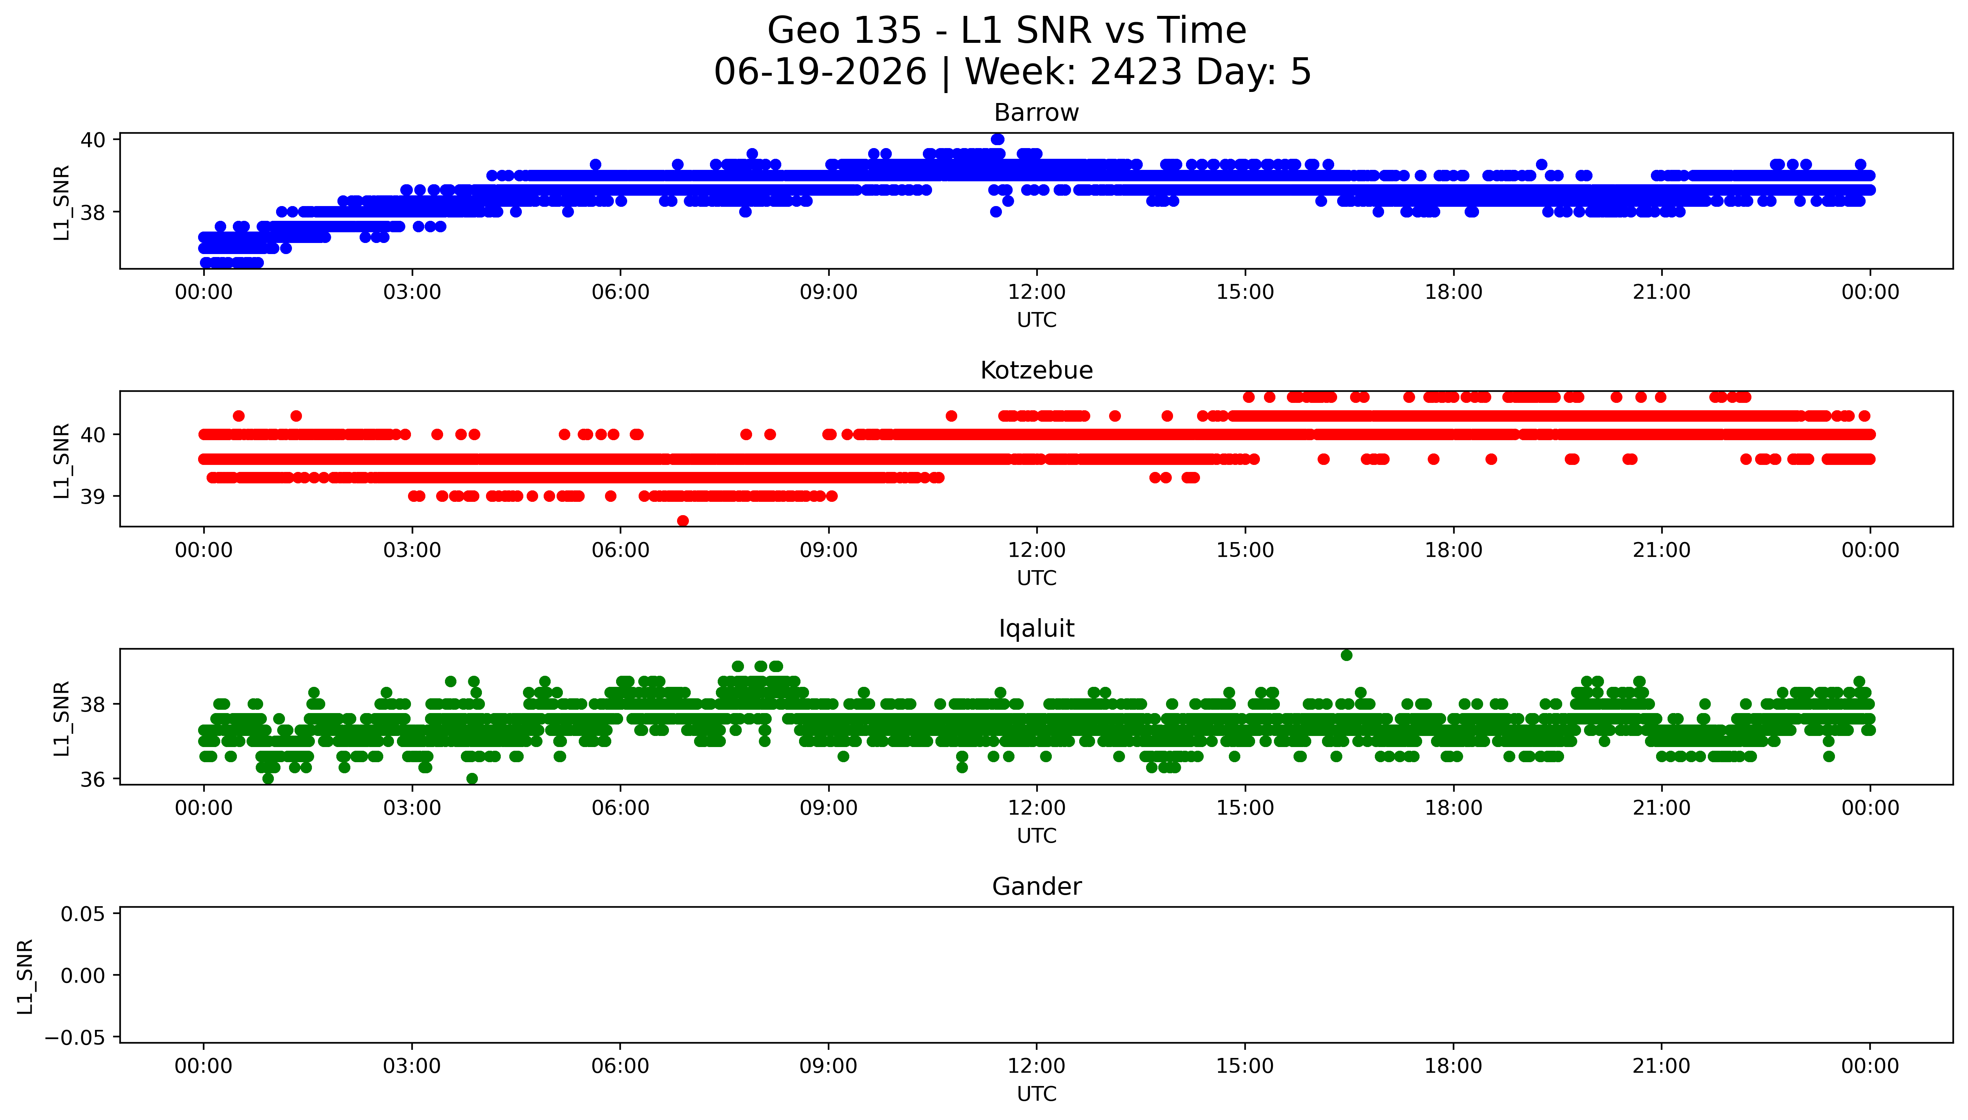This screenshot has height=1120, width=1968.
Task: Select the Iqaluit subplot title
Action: click(1036, 628)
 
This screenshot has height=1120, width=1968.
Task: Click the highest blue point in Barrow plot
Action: click(997, 139)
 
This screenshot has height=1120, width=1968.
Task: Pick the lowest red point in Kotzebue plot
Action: click(683, 521)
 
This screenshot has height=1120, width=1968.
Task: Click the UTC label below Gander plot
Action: click(1037, 1094)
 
